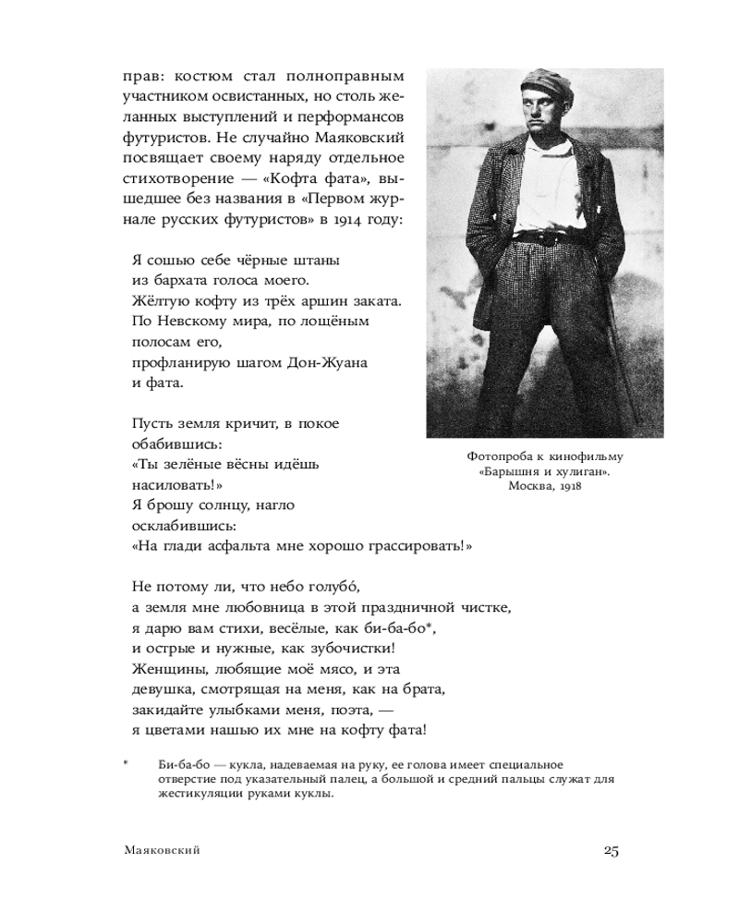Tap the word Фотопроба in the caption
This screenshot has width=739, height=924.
(503, 456)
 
